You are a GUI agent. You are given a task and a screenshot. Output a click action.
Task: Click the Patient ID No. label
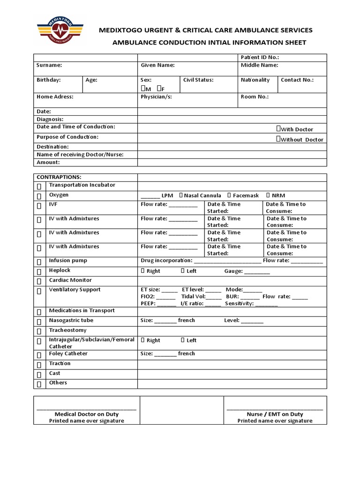point(260,57)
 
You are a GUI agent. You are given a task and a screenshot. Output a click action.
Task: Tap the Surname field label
point(49,66)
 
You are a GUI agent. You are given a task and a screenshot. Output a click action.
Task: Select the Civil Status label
point(198,80)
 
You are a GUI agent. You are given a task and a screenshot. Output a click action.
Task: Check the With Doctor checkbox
point(278,129)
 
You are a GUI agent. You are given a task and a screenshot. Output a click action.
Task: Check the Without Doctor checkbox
point(278,139)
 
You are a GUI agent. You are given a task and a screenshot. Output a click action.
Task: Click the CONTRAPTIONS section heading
point(59,177)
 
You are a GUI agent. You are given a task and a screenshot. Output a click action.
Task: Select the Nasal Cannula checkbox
point(181,195)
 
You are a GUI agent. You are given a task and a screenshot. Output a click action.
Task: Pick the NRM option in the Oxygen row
point(268,195)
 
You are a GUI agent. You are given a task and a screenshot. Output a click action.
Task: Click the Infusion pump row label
point(68,261)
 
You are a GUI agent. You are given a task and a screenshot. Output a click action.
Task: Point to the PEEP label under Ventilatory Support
point(148,303)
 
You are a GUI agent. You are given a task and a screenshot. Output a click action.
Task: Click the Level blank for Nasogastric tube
point(253,321)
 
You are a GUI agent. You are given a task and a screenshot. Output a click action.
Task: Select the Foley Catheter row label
point(68,354)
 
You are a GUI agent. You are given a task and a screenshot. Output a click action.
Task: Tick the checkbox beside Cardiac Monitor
point(39,281)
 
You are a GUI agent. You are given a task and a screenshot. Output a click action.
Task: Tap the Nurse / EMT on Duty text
point(275,414)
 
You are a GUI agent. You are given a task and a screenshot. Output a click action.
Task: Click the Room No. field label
point(255,97)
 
